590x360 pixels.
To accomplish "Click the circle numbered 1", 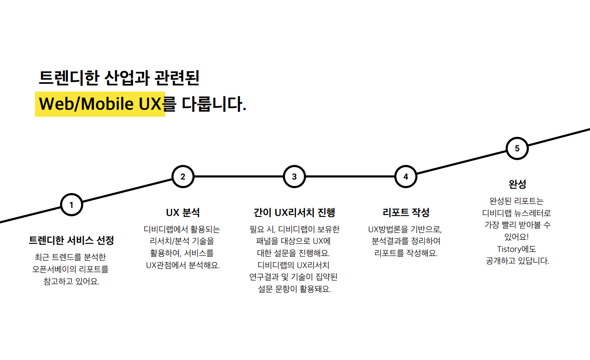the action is click(x=71, y=205).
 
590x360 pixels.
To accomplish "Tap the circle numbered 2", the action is click(x=183, y=176).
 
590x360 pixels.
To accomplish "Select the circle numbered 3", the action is click(x=294, y=176).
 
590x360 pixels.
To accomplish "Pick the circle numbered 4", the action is click(x=406, y=176).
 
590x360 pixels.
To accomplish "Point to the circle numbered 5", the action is click(x=517, y=149).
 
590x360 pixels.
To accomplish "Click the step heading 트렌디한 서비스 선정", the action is click(x=71, y=241).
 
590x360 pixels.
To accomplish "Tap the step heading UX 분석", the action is click(x=183, y=212).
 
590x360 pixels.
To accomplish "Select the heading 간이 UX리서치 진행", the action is click(x=294, y=212).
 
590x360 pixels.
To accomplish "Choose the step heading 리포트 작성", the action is click(x=406, y=212).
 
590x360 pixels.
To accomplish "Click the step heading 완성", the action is click(x=517, y=184).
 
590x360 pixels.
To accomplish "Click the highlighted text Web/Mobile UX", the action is click(x=100, y=104).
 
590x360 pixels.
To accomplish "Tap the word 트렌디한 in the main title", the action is click(x=68, y=78).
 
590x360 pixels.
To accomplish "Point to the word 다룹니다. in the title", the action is click(x=214, y=104).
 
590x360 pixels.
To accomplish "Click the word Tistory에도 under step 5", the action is click(x=517, y=249).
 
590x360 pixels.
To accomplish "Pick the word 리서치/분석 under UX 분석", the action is click(x=164, y=241).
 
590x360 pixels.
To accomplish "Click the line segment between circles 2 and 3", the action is click(x=238, y=176).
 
